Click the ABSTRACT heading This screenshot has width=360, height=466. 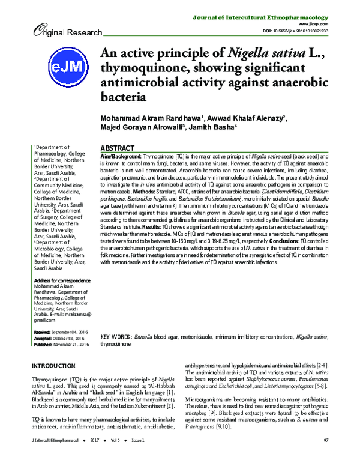[x=117, y=148]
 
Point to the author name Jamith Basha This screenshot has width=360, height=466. [x=215, y=127]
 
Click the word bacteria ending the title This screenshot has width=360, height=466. [x=123, y=96]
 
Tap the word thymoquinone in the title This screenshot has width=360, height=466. [x=145, y=67]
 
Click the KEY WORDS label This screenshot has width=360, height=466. [x=116, y=338]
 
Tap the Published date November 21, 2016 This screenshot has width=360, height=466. [x=71, y=344]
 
